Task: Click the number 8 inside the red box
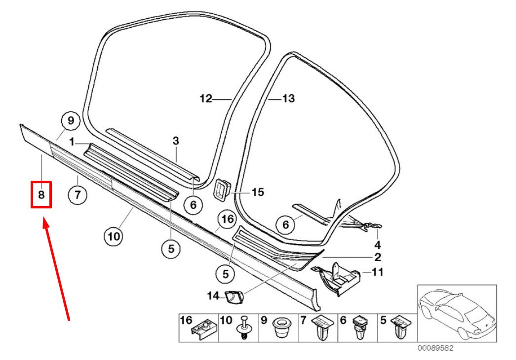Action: (41, 195)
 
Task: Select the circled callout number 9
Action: (71, 121)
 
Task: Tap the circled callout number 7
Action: (78, 195)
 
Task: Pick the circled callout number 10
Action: (114, 236)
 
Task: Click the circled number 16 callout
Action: (228, 219)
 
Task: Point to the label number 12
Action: (206, 98)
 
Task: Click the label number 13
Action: (288, 98)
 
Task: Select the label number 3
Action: (176, 141)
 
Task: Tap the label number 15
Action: (258, 192)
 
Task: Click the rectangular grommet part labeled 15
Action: (223, 189)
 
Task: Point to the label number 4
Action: (377, 244)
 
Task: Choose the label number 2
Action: (377, 257)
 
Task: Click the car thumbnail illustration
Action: (457, 313)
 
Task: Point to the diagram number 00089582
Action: (436, 348)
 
